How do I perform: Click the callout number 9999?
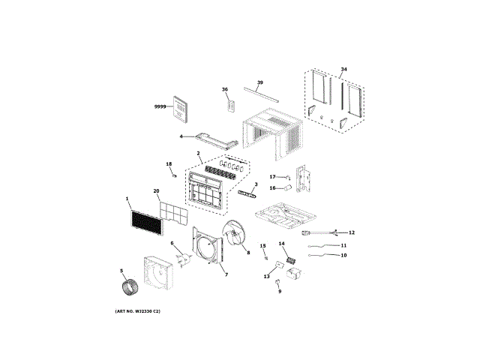click(159, 108)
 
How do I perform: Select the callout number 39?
click(259, 82)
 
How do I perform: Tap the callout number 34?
click(343, 70)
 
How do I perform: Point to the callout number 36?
click(224, 89)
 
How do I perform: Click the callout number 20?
click(156, 191)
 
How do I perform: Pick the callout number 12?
click(351, 233)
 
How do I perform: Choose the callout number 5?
click(121, 271)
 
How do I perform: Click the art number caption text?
click(138, 312)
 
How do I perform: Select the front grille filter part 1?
click(145, 222)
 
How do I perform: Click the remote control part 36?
click(232, 105)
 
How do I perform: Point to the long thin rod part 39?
click(264, 95)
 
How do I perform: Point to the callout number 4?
click(181, 136)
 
